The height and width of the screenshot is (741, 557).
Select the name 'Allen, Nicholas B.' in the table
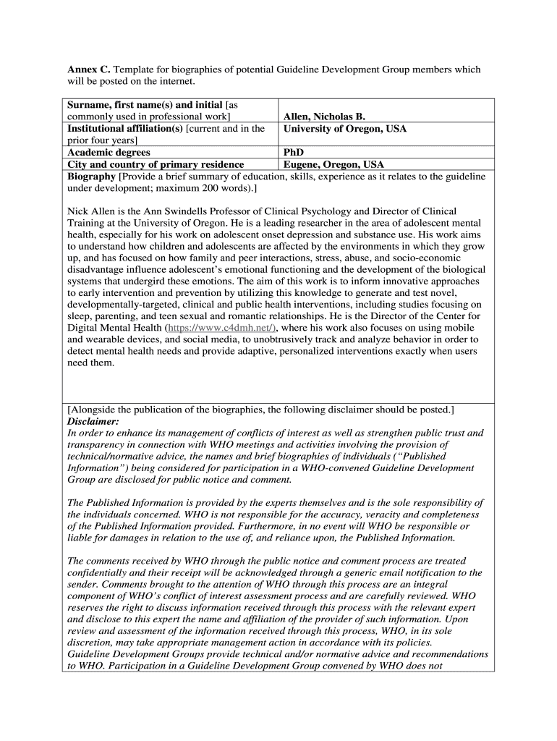click(x=324, y=117)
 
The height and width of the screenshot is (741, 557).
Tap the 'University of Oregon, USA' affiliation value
click(x=344, y=129)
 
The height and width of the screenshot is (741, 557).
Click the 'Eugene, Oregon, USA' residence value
click(x=333, y=164)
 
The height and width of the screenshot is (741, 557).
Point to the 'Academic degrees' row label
click(x=109, y=153)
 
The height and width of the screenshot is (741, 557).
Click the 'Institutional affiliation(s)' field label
click(x=125, y=129)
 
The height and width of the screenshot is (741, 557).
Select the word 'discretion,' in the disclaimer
click(x=93, y=642)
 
